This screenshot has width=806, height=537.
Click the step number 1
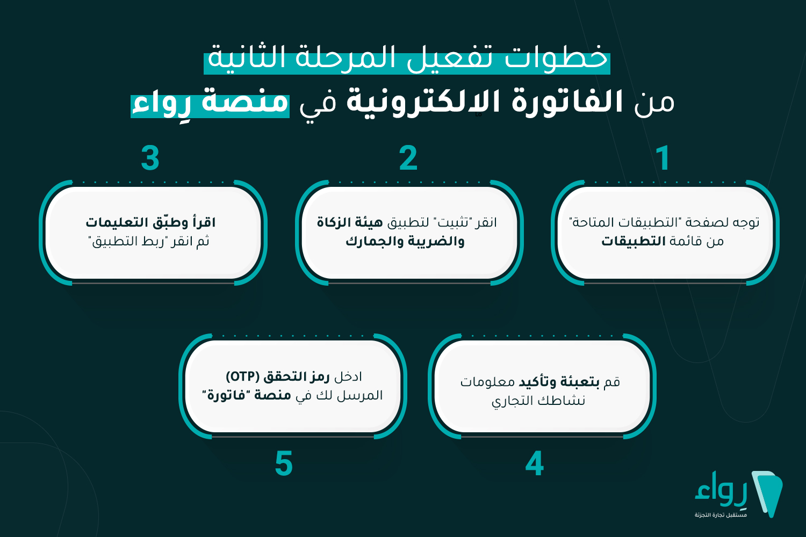tap(663, 158)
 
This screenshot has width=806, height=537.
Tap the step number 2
tap(408, 158)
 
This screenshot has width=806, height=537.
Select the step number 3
tap(150, 158)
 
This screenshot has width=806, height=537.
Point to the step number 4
tap(535, 464)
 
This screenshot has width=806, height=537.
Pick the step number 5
tap(284, 464)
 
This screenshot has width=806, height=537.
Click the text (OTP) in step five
tap(242, 376)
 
